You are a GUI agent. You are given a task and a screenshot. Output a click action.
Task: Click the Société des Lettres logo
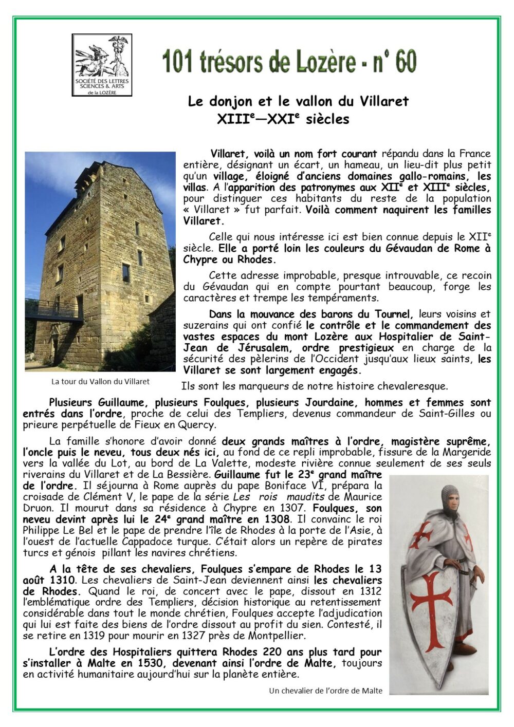pyautogui.click(x=102, y=65)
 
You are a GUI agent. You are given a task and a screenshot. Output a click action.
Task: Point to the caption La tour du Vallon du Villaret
pyautogui.click(x=100, y=382)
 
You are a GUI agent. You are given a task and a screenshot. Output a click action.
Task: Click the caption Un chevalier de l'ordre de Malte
pyautogui.click(x=325, y=691)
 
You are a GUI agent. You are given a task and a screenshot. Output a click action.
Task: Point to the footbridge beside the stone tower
pyautogui.click(x=54, y=310)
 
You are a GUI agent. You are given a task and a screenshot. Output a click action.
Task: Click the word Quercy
pyautogui.click(x=196, y=425)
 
